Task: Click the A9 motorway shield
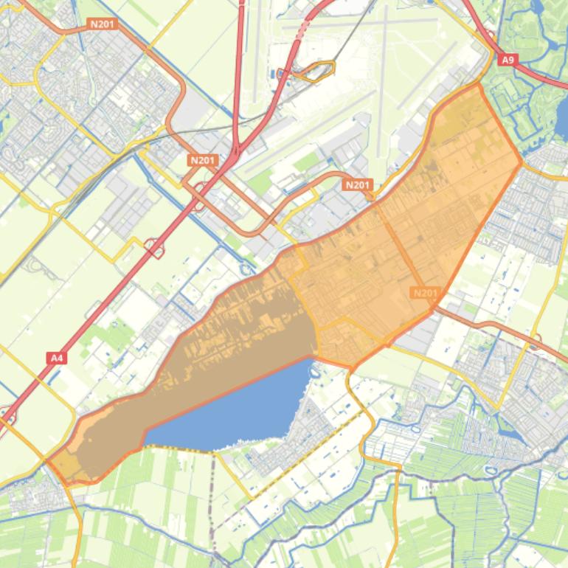coord(508,59)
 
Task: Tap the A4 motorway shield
coord(56,358)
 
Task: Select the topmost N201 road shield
coord(103,24)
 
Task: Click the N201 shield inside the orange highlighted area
coord(425,293)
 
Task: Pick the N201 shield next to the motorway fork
coord(202,160)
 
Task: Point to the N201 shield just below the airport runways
coord(358,184)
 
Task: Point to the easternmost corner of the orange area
coord(521,160)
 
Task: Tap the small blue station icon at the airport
coord(281,72)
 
